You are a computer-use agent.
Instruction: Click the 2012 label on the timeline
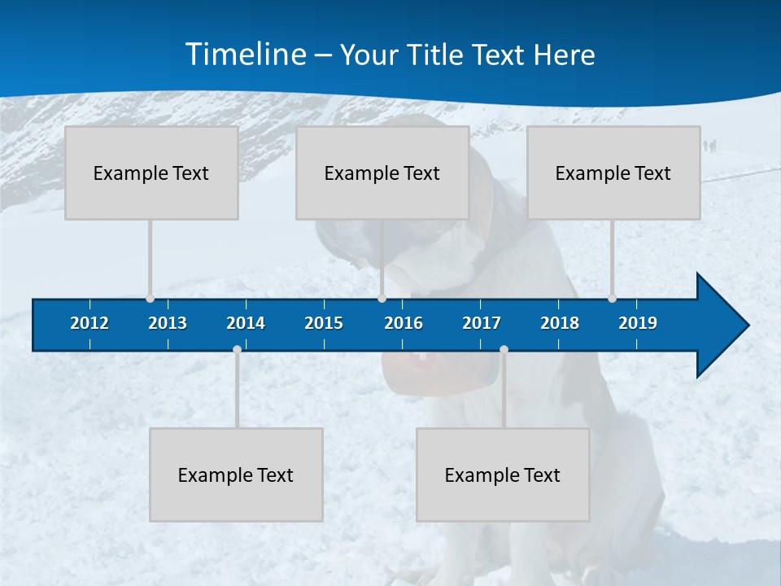(89, 323)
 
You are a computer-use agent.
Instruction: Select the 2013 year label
(168, 323)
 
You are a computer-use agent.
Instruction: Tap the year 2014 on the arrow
(246, 323)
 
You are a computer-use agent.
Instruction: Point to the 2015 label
(324, 323)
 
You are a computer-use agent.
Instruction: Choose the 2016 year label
(404, 323)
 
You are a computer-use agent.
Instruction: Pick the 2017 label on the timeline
(482, 323)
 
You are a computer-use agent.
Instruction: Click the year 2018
(560, 323)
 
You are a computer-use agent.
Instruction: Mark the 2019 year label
(638, 323)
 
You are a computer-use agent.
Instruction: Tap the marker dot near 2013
(150, 298)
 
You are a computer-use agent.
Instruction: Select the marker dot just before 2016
(382, 298)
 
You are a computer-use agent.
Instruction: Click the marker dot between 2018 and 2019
(612, 298)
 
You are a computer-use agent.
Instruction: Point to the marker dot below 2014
(237, 350)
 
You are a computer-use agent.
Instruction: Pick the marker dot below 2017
(504, 350)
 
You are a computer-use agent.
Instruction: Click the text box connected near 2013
(151, 173)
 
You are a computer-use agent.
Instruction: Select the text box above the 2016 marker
(382, 173)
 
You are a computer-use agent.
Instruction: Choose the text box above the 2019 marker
(613, 173)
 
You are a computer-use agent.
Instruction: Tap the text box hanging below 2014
(236, 474)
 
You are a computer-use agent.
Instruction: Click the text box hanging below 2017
(503, 474)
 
